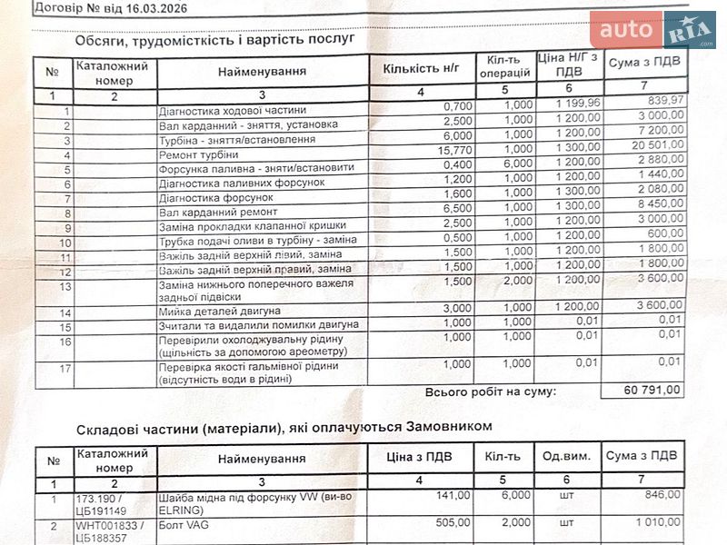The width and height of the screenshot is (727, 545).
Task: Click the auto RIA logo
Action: coord(652,31)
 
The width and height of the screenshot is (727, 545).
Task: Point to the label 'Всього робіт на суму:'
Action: coord(490,391)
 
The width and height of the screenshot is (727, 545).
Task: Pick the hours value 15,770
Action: coord(455,150)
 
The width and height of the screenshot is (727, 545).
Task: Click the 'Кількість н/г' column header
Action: coord(422,67)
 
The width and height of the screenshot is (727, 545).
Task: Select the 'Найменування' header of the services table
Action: coord(262,71)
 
